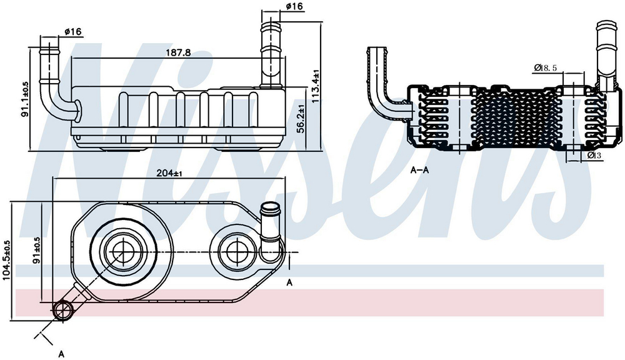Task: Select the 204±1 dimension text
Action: coord(169,173)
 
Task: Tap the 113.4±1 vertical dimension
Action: coord(316,86)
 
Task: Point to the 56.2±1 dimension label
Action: coord(301,119)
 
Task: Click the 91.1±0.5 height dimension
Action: coord(25,99)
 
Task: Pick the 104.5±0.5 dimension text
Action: coord(7,261)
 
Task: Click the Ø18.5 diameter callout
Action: coord(545,67)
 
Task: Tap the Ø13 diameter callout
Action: coord(594,155)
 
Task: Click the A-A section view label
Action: coord(420,171)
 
